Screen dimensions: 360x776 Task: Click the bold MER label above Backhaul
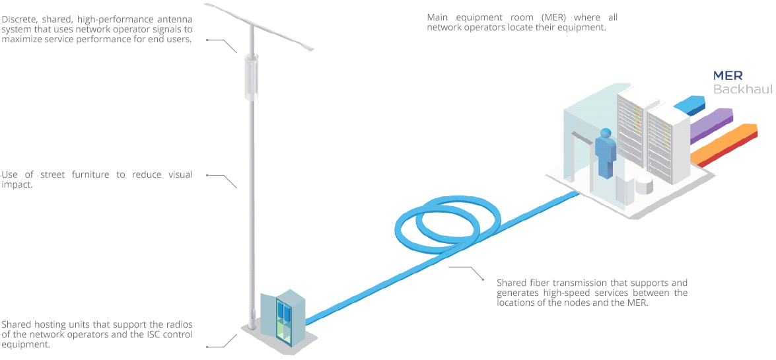pyautogui.click(x=728, y=75)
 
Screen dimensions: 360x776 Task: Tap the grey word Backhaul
pyautogui.click(x=742, y=89)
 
